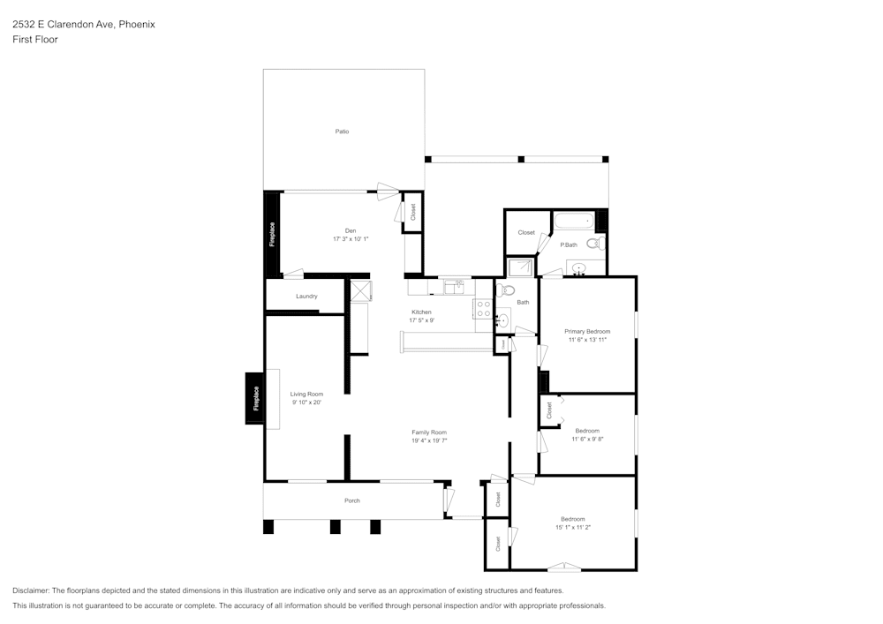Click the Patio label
point(342,132)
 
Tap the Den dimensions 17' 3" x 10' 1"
point(351,239)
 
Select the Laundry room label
point(306,297)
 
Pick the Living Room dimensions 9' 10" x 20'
point(306,402)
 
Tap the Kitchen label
point(421,312)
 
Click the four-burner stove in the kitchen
point(484,308)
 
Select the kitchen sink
point(454,286)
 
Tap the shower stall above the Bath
point(520,267)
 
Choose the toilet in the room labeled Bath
point(507,290)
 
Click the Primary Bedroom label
point(587,331)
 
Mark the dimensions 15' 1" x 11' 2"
point(572,527)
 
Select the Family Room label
point(430,432)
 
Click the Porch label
point(351,500)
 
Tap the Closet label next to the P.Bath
point(526,232)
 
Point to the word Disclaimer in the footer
point(31,590)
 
